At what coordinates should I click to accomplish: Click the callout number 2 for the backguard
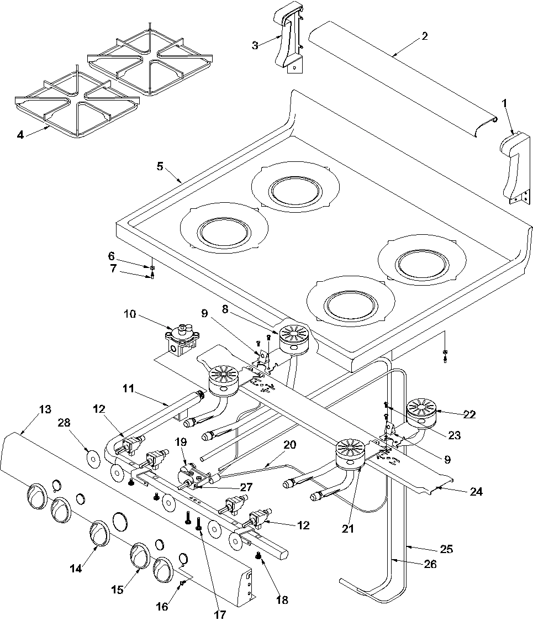(424, 36)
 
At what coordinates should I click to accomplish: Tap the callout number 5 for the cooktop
(160, 166)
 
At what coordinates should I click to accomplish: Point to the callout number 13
(45, 409)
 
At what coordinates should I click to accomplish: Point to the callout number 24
(476, 491)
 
